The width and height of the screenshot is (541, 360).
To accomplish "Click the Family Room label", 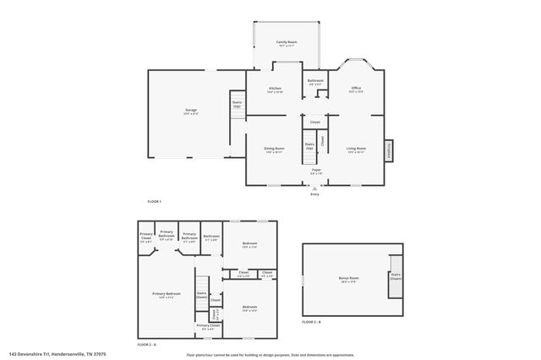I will click(287, 42).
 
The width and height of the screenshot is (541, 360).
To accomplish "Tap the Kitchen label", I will click(275, 89).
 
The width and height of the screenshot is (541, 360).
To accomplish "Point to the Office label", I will click(356, 89).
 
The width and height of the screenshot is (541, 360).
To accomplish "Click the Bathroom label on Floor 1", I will click(315, 81).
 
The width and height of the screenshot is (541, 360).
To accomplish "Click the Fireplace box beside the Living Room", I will click(389, 150).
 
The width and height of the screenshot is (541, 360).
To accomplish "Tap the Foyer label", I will click(315, 170).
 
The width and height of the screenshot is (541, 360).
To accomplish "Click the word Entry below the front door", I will click(314, 194).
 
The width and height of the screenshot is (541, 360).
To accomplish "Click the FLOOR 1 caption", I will click(155, 201).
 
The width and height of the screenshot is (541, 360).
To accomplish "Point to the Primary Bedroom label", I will click(167, 294).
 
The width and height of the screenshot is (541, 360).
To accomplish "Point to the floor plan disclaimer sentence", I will click(270, 354).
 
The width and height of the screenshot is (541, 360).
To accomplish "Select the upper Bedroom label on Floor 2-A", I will click(249, 244).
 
